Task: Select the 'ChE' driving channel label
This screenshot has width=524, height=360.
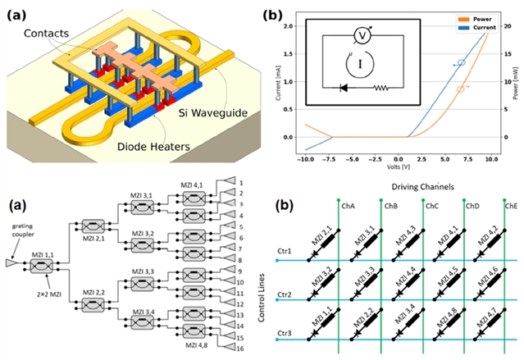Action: click(509, 206)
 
